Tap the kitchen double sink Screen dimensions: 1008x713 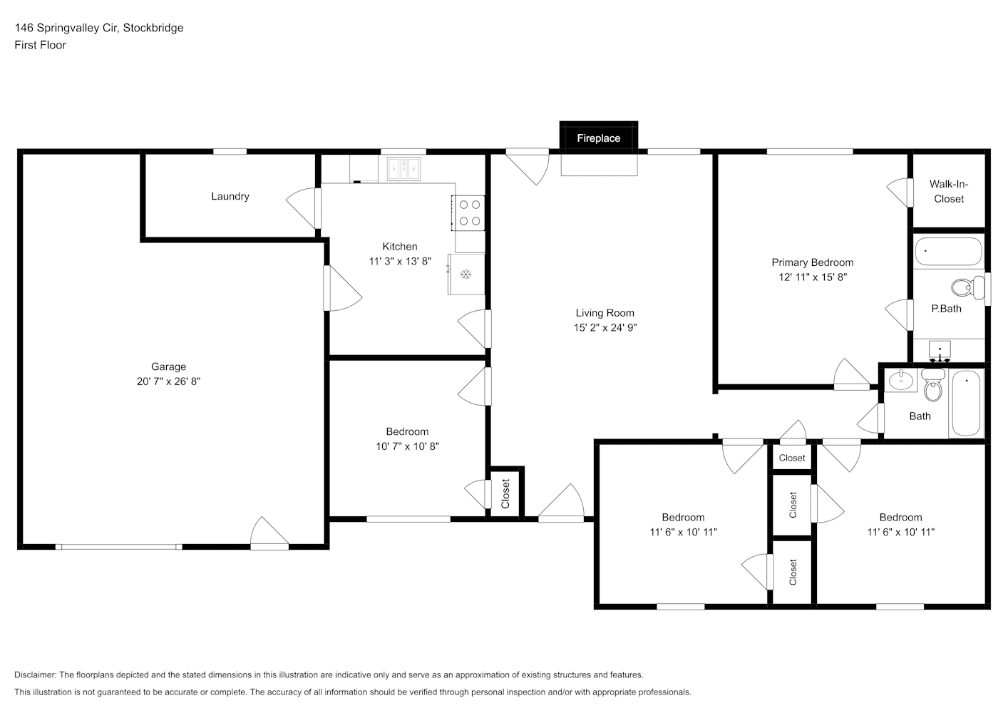[403, 169]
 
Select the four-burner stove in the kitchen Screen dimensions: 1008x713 [468, 213]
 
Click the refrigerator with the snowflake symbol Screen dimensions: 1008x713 [466, 274]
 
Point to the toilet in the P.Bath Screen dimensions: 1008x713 [967, 287]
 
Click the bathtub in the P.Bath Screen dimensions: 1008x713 [948, 251]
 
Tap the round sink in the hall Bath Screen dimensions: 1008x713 [901, 380]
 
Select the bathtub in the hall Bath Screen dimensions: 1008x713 [966, 403]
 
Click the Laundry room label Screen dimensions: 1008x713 [230, 196]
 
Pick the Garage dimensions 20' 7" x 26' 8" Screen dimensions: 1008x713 [168, 381]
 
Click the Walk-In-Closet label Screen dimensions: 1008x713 [949, 191]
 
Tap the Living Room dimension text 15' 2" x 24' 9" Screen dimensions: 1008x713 [605, 327]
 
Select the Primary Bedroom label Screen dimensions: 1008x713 [812, 262]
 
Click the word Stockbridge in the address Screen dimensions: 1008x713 [153, 28]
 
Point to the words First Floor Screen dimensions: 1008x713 [40, 45]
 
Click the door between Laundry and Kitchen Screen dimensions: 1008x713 [304, 208]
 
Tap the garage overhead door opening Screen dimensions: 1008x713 [119, 547]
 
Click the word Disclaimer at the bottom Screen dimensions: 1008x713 [36, 674]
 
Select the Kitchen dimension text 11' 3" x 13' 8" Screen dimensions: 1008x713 [400, 261]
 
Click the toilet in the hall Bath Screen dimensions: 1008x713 [933, 385]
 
